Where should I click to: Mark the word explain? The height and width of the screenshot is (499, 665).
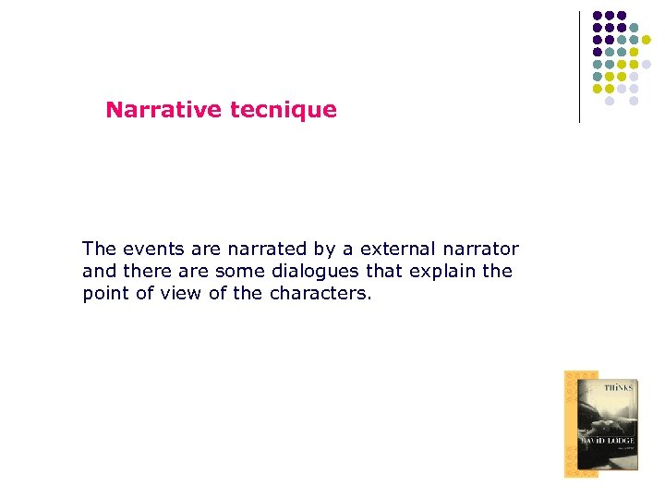click(x=439, y=272)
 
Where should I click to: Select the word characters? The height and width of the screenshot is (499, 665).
click(x=320, y=294)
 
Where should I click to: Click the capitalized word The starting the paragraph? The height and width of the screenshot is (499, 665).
click(x=99, y=249)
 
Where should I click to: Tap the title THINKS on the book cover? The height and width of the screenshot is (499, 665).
click(x=618, y=388)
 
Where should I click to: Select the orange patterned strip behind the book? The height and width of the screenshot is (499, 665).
click(x=570, y=424)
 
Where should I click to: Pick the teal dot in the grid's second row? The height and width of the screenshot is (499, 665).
click(x=634, y=28)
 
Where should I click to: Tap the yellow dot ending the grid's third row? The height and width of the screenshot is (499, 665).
click(x=646, y=40)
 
